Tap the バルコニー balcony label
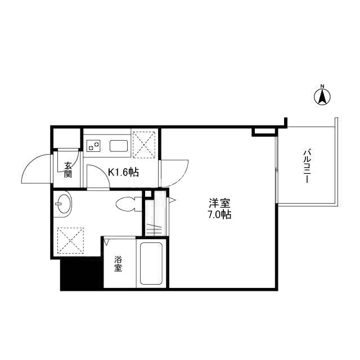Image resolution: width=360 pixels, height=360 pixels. click(308, 166)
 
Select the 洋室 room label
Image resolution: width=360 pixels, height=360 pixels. click(219, 203)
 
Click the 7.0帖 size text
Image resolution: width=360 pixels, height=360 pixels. click(219, 215)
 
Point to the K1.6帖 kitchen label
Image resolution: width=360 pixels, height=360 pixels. click(124, 172)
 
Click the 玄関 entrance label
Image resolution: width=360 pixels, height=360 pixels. click(68, 170)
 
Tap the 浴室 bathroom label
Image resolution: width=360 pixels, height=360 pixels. click(118, 264)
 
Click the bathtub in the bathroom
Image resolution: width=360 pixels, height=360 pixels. click(151, 263)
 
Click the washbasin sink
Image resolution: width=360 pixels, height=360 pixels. click(64, 204)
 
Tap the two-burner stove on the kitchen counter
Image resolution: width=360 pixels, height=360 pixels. click(93, 146)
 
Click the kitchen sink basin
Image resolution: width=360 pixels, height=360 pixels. click(119, 146)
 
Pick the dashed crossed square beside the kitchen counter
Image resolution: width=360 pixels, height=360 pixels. click(144, 145)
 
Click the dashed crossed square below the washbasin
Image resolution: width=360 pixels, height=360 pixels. click(70, 240)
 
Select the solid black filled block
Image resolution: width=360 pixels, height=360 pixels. click(80, 274)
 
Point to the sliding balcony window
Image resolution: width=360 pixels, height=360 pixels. click(277, 169)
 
